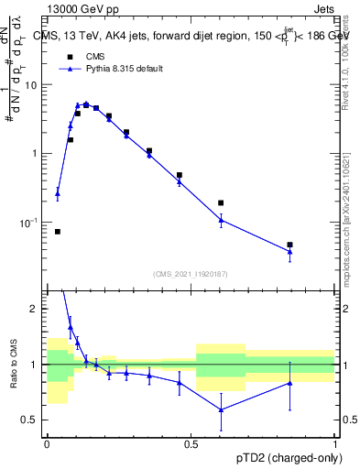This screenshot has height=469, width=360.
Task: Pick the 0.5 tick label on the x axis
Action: [191, 444]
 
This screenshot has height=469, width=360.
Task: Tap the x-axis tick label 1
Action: [335, 444]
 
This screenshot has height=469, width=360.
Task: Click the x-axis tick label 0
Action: [47, 444]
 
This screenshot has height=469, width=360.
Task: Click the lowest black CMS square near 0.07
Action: [58, 232]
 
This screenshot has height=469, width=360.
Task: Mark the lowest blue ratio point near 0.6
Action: [221, 409]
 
